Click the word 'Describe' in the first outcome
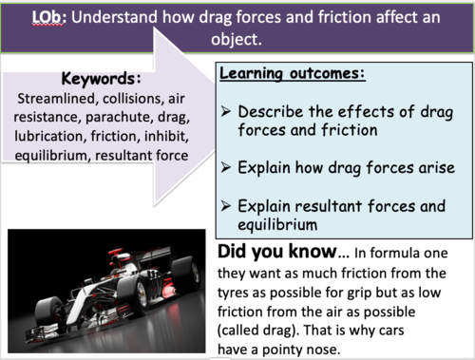[x=271, y=111]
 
